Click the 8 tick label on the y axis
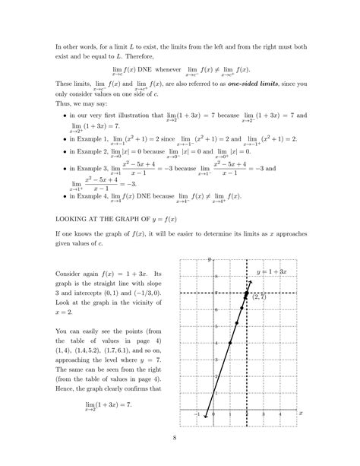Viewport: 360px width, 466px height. (x=216, y=276)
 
